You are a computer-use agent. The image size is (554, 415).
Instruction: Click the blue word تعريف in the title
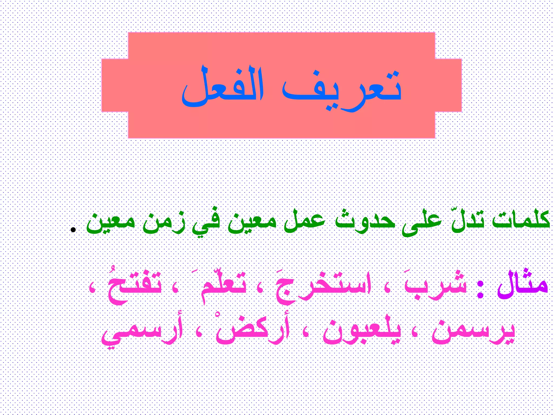coord(341,89)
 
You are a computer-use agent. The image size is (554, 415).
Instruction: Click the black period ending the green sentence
coord(72,230)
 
